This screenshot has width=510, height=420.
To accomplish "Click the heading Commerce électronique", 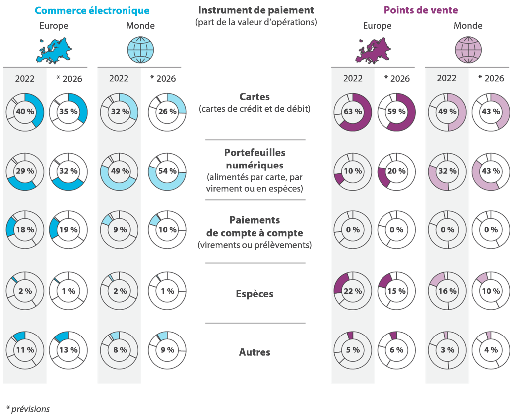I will (92, 10).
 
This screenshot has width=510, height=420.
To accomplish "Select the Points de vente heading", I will (421, 10).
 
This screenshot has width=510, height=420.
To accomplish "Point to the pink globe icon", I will (468, 50).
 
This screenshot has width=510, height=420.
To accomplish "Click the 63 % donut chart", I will (353, 112).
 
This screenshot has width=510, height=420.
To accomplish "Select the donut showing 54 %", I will (167, 171).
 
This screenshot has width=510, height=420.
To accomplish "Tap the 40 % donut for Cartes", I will (25, 112).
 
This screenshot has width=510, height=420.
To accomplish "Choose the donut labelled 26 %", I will (167, 112).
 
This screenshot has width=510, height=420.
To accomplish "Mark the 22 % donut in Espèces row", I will (353, 291).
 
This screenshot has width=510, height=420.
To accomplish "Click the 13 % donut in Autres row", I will (68, 350).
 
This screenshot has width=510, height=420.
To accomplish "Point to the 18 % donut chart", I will (25, 230).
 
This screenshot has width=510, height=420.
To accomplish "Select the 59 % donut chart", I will (396, 112).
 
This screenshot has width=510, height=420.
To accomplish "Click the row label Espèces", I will (255, 294).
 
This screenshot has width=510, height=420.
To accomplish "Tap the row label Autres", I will (255, 352).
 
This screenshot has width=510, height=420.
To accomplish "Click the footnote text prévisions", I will (30, 409).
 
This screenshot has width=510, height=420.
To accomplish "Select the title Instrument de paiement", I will (255, 10).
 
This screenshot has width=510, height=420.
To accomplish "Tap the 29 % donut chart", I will (25, 171).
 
